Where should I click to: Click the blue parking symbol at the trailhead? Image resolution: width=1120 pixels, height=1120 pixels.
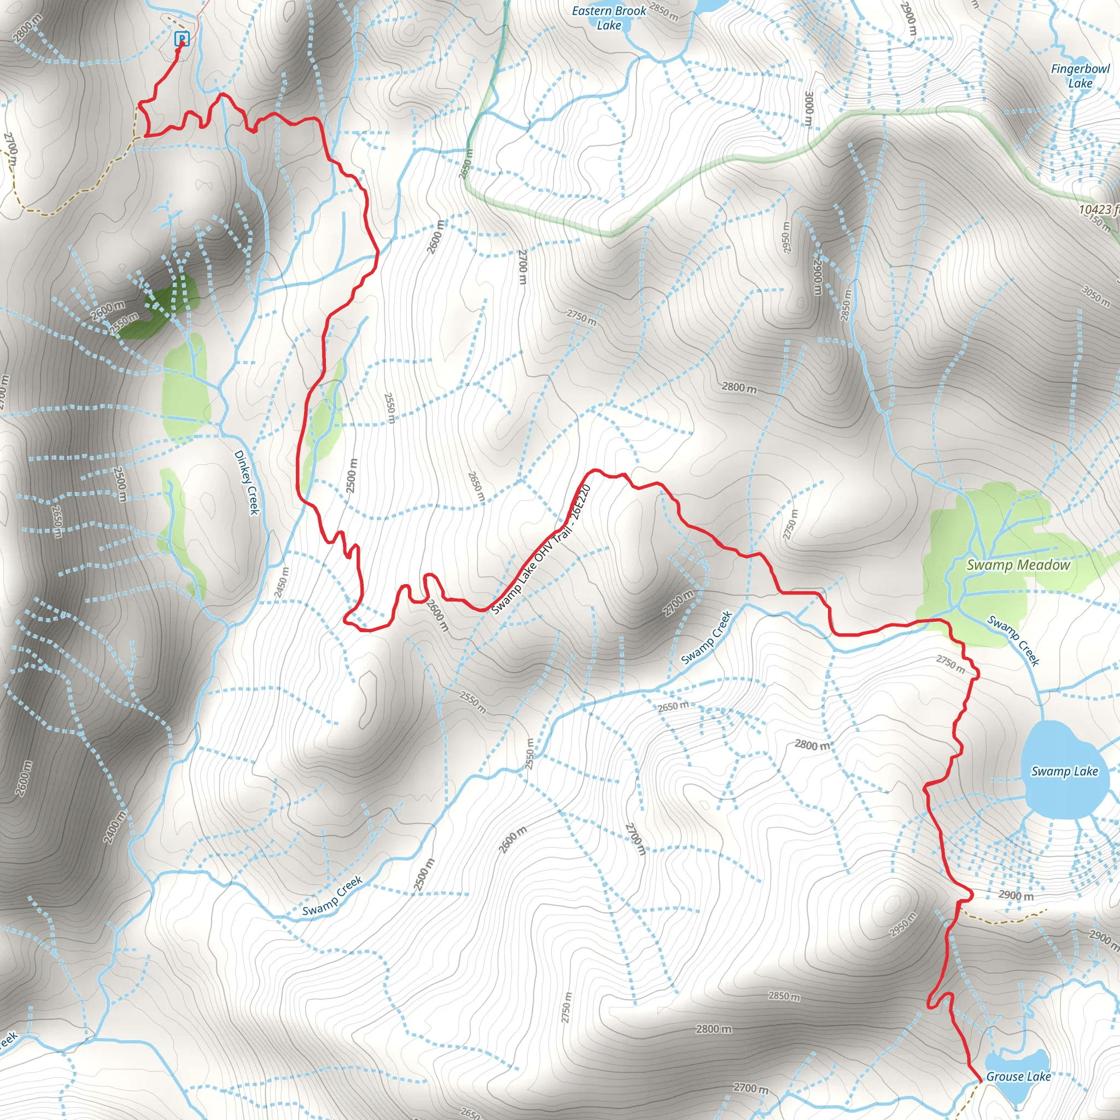click(182, 39)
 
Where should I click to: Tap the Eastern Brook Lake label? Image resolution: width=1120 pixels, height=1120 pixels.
click(609, 18)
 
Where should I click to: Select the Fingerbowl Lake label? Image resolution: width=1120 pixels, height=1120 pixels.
click(1080, 76)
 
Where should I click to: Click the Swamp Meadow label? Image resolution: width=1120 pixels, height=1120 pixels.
click(1018, 565)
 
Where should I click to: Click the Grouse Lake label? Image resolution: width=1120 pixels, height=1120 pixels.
click(1018, 1076)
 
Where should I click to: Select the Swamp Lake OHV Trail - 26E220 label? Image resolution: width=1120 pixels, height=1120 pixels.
click(541, 550)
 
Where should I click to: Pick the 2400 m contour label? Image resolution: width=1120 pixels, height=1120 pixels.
click(115, 827)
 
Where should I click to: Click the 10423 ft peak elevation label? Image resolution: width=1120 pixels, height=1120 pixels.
click(1099, 209)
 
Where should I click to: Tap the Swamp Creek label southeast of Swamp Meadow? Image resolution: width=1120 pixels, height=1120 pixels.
click(1014, 640)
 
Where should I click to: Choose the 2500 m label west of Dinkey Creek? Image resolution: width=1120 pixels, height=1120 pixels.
click(120, 484)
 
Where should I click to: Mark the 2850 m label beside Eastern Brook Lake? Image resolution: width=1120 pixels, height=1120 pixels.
click(664, 11)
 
